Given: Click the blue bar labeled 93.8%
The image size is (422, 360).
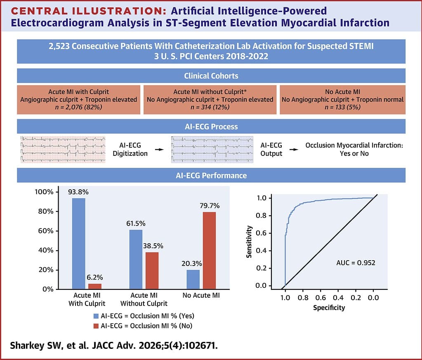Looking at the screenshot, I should pyautogui.click(x=78, y=243).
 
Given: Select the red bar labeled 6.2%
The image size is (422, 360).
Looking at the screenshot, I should pyautogui.click(x=94, y=286).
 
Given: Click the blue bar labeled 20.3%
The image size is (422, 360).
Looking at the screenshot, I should pyautogui.click(x=193, y=279).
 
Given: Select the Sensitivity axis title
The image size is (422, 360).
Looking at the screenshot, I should pyautogui.click(x=249, y=242).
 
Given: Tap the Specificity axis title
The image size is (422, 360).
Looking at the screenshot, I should pyautogui.click(x=329, y=308).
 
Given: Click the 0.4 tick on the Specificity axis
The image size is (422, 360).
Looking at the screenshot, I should pyautogui.click(x=338, y=297).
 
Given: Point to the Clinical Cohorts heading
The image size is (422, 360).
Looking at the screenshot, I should pyautogui.click(x=211, y=76).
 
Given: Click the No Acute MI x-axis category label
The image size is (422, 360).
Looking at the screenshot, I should pyautogui.click(x=201, y=296).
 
